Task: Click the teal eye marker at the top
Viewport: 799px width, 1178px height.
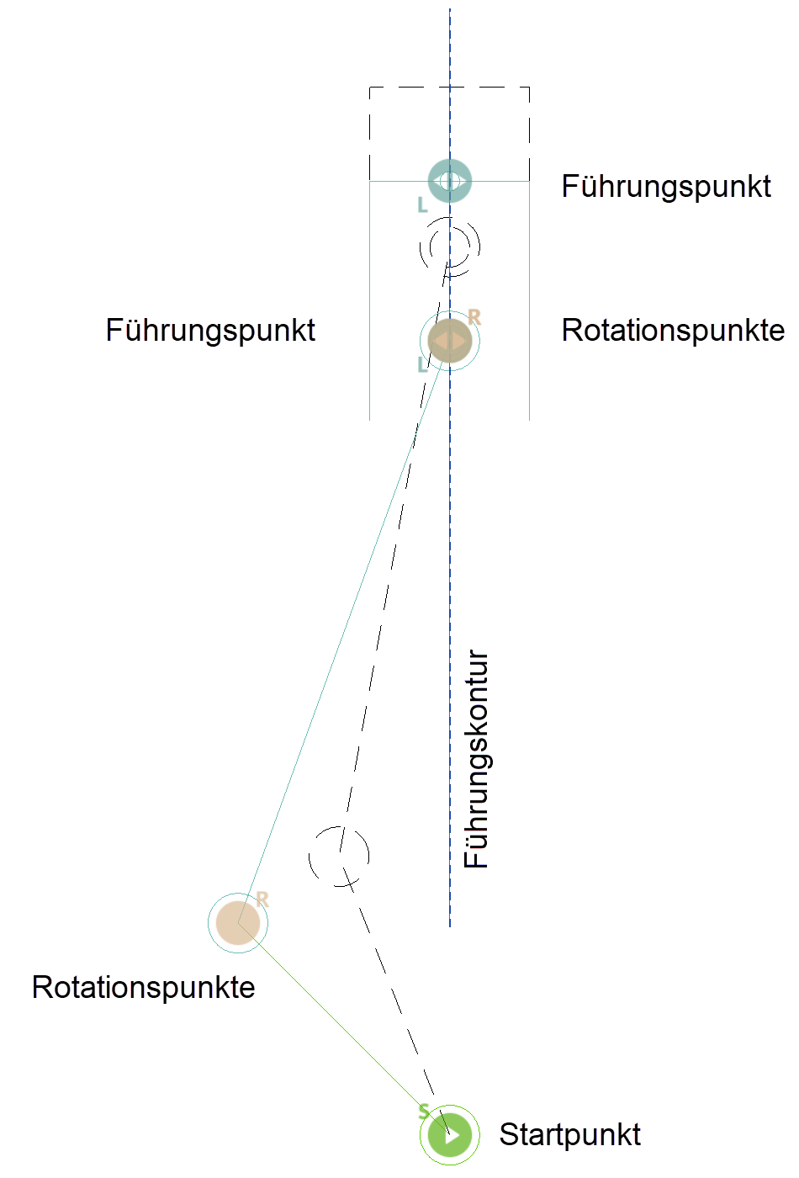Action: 450,180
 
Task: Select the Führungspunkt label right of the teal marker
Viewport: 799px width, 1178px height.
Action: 665,186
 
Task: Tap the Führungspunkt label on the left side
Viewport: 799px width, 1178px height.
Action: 210,330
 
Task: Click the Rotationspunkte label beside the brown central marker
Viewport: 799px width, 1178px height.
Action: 673,330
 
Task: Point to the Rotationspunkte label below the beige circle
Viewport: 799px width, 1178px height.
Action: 143,987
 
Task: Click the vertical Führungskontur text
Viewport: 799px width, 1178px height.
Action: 476,758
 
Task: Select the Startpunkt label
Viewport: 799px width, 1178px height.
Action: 569,1134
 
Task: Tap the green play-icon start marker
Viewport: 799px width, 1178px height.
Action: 450,1134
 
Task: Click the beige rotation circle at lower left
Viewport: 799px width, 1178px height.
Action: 238,923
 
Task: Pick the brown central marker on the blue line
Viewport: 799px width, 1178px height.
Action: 450,341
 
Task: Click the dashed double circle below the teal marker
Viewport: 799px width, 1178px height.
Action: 450,247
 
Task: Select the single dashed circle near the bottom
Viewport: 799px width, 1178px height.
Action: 339,857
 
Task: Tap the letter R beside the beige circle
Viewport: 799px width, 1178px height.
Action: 262,899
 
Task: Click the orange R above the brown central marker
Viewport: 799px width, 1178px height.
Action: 474,316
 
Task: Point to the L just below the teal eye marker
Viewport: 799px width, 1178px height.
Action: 422,204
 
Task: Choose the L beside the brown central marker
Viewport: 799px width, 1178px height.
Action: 422,364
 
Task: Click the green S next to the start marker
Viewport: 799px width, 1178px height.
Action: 424,1111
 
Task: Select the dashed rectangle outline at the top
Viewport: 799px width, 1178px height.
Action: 450,87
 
